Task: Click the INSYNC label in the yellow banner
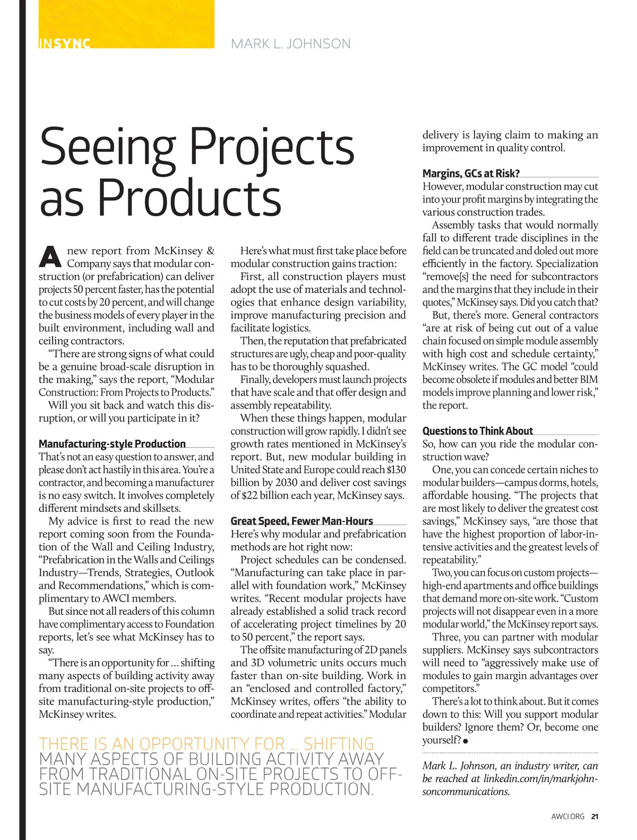pos(64,44)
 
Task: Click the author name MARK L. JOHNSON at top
pos(291,44)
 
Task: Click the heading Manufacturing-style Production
pos(112,444)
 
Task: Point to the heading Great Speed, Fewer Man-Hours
pos(302,521)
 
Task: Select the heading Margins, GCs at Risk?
pos(471,173)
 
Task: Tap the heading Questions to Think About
pos(477,431)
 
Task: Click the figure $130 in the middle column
pos(396,469)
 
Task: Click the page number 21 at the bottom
pos(595,817)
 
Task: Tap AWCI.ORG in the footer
pos(567,817)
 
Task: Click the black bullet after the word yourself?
pos(466,741)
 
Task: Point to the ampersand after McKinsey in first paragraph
pos(210,251)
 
